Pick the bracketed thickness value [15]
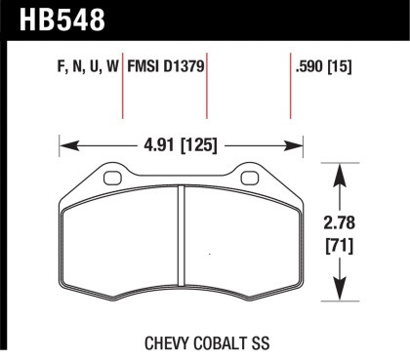[x=340, y=69]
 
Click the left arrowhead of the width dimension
[x=66, y=149]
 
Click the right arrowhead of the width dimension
[x=298, y=149]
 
